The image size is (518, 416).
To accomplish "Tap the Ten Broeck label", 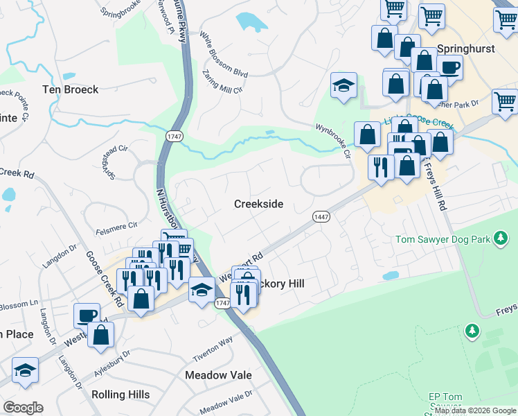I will pyautogui.click(x=71, y=89).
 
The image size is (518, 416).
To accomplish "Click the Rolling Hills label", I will pyautogui.click(x=120, y=395).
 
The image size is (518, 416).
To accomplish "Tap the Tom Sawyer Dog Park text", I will pyautogui.click(x=442, y=240).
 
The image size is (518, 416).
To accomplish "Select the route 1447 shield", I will pyautogui.click(x=321, y=217).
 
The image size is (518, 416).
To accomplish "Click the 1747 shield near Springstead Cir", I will pyautogui.click(x=173, y=137).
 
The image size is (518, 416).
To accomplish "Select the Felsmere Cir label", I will pyautogui.click(x=118, y=225).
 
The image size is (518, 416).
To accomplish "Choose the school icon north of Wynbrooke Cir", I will pyautogui.click(x=343, y=85).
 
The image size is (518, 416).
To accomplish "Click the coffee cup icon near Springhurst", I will pyautogui.click(x=449, y=67).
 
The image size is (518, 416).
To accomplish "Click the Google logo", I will pyautogui.click(x=23, y=407).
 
